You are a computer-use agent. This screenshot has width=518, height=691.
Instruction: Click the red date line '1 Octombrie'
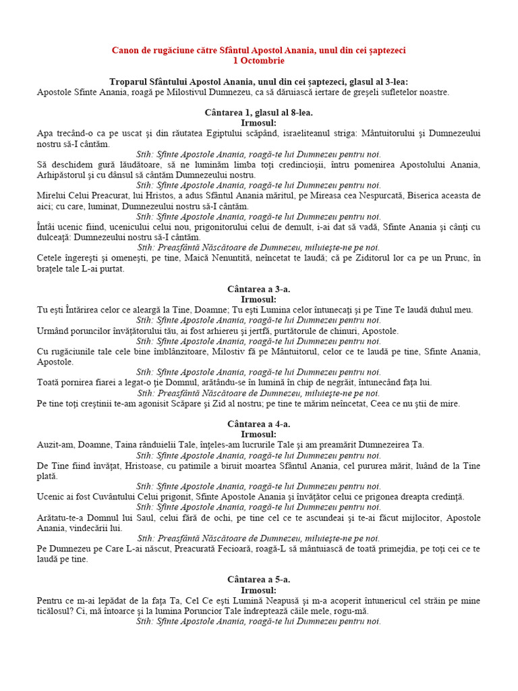click(258, 61)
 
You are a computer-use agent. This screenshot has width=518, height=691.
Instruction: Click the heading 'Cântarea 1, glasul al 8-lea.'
click(258, 113)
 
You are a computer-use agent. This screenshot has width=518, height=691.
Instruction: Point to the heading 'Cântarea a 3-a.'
click(258, 289)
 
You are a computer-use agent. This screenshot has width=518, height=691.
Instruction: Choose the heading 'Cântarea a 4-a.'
click(258, 424)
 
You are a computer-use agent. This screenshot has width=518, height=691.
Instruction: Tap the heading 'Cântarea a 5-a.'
click(258, 580)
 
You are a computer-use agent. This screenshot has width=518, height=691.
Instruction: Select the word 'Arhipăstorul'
click(62, 175)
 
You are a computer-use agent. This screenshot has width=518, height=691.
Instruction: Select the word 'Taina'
click(146, 445)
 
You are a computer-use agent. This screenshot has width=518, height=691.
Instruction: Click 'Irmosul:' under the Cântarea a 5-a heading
click(258, 590)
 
